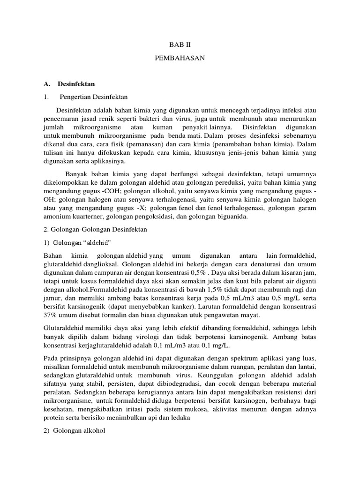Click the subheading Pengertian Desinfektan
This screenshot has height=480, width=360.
click(x=94, y=97)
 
